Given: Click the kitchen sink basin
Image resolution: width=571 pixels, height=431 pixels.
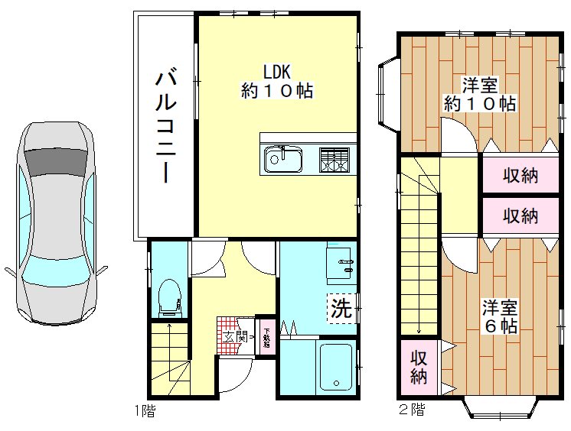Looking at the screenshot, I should [282, 160].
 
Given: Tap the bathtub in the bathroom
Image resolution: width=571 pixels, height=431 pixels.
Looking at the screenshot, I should [334, 367].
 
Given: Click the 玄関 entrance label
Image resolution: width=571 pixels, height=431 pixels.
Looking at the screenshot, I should [235, 335].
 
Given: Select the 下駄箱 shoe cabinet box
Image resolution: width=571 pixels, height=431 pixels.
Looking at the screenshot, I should [266, 336].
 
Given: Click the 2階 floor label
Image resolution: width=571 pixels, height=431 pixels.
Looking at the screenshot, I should [410, 410].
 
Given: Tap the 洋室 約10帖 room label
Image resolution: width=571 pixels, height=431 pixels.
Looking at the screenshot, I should [479, 94].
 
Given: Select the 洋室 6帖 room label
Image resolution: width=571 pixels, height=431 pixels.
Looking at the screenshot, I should [499, 316].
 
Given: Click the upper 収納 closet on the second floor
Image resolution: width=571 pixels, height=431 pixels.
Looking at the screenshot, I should [520, 176].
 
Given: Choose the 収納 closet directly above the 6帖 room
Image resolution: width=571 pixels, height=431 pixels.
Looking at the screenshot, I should [520, 215].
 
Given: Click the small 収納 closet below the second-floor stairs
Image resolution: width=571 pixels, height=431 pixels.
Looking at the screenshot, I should [418, 367].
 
